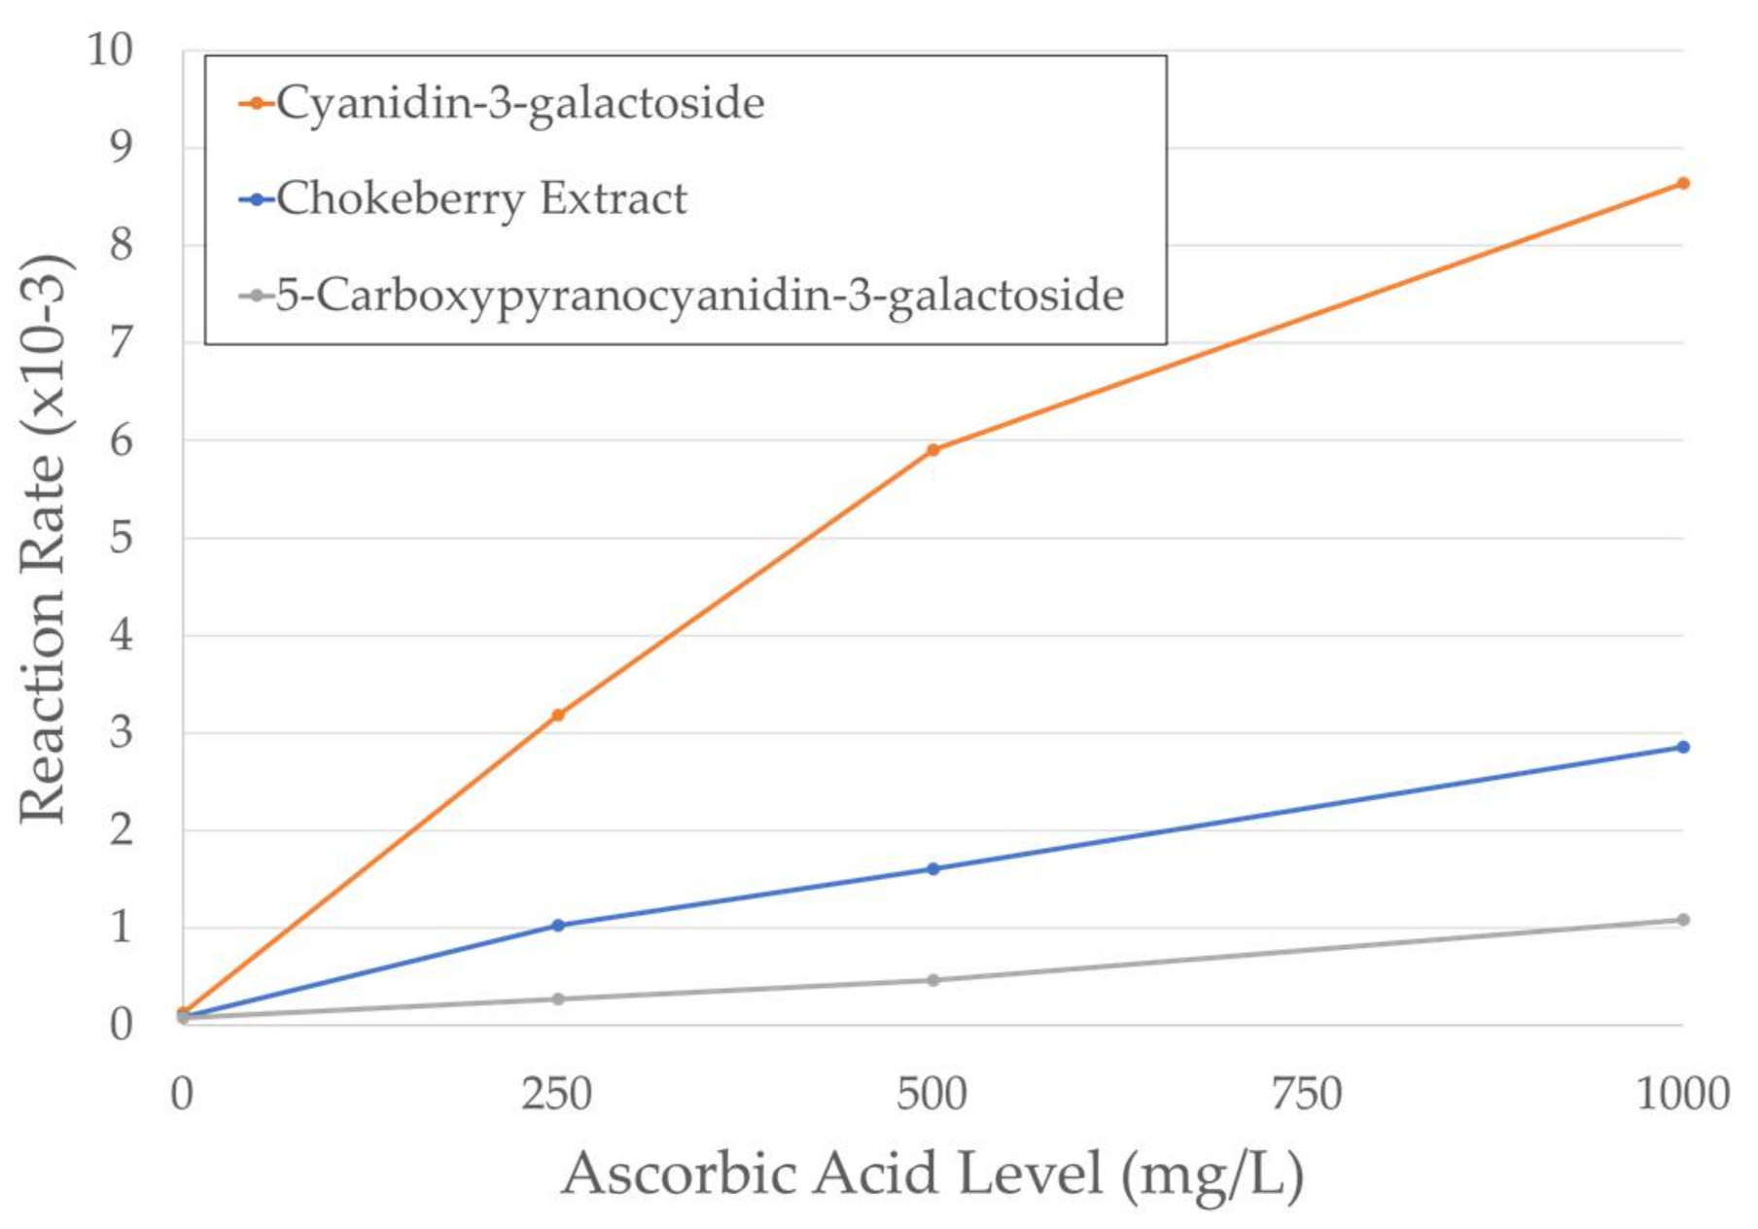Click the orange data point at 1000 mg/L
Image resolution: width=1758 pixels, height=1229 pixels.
click(1683, 183)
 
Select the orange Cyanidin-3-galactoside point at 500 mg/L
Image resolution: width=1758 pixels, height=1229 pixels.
click(933, 450)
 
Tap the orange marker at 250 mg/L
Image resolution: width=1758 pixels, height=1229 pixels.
click(558, 716)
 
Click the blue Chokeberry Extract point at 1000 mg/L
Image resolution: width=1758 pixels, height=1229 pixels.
click(1683, 747)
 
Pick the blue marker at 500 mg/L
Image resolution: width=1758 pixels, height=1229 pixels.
click(933, 869)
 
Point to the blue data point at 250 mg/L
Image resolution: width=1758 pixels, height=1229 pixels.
click(558, 926)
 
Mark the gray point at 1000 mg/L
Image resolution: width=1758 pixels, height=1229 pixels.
click(1683, 920)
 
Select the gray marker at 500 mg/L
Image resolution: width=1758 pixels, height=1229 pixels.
click(933, 980)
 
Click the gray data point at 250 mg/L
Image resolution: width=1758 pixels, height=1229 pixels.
click(558, 999)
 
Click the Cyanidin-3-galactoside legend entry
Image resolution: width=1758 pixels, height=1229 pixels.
click(519, 103)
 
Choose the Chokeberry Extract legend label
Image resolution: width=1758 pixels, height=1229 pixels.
click(481, 199)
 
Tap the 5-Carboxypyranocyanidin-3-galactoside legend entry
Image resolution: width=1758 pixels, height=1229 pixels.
click(699, 295)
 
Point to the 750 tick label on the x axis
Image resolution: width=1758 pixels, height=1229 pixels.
click(1307, 1095)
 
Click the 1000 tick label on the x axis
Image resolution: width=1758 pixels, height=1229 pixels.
click(1682, 1095)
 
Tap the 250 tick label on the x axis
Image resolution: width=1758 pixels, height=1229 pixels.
click(556, 1095)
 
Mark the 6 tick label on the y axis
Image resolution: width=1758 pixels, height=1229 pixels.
click(121, 440)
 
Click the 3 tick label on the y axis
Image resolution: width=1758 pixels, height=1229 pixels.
click(121, 733)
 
